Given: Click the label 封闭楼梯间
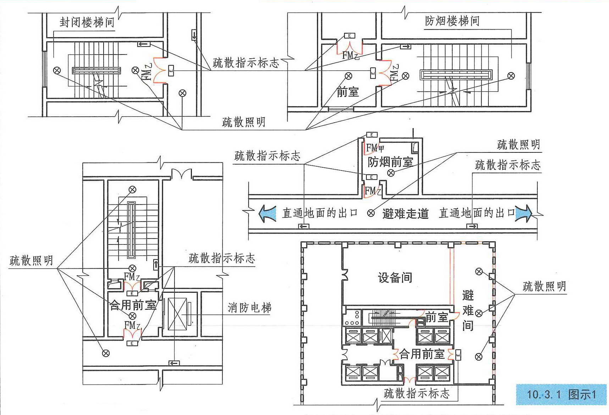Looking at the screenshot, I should (x=87, y=22).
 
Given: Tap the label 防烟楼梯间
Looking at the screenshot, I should (x=452, y=21).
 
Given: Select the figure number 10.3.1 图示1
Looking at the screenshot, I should (x=561, y=394).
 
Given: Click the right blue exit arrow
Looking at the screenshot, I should (x=524, y=213).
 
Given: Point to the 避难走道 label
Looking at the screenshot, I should (x=405, y=214).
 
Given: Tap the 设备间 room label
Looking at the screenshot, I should (x=395, y=277).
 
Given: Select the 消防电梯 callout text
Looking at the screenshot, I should (x=249, y=308).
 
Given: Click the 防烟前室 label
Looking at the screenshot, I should (x=390, y=162).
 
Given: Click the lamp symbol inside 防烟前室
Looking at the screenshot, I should (x=391, y=173).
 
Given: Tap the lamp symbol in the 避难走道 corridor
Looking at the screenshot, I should (x=371, y=213).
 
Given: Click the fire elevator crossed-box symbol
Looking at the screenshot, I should (x=177, y=314).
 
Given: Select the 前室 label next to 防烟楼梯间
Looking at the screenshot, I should (x=348, y=92).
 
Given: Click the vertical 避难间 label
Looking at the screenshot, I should (x=468, y=310).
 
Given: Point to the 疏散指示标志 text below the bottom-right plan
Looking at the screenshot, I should (x=417, y=393).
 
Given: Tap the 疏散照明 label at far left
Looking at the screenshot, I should (x=31, y=260).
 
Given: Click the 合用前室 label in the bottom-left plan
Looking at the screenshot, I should (x=133, y=305).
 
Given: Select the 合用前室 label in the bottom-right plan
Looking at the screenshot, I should (x=422, y=354).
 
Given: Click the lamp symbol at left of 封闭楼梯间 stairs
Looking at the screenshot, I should (x=57, y=71).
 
